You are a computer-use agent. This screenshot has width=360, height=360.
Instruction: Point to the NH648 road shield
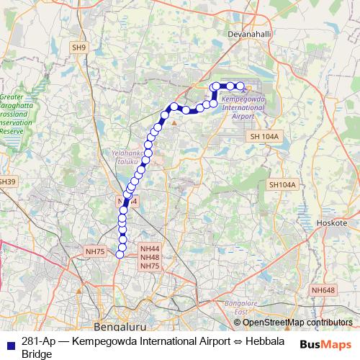coord(323,289)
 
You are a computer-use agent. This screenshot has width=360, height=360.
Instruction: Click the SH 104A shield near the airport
coord(264,136)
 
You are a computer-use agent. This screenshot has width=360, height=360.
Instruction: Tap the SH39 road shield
coord(6,181)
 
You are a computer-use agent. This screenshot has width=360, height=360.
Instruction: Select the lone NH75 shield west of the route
coord(95,251)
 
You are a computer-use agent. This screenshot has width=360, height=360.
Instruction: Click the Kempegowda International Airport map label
coord(243,105)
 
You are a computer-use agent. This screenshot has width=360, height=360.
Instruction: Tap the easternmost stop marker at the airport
coord(240,87)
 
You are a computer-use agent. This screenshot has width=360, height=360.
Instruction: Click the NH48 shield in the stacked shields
coord(150,257)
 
